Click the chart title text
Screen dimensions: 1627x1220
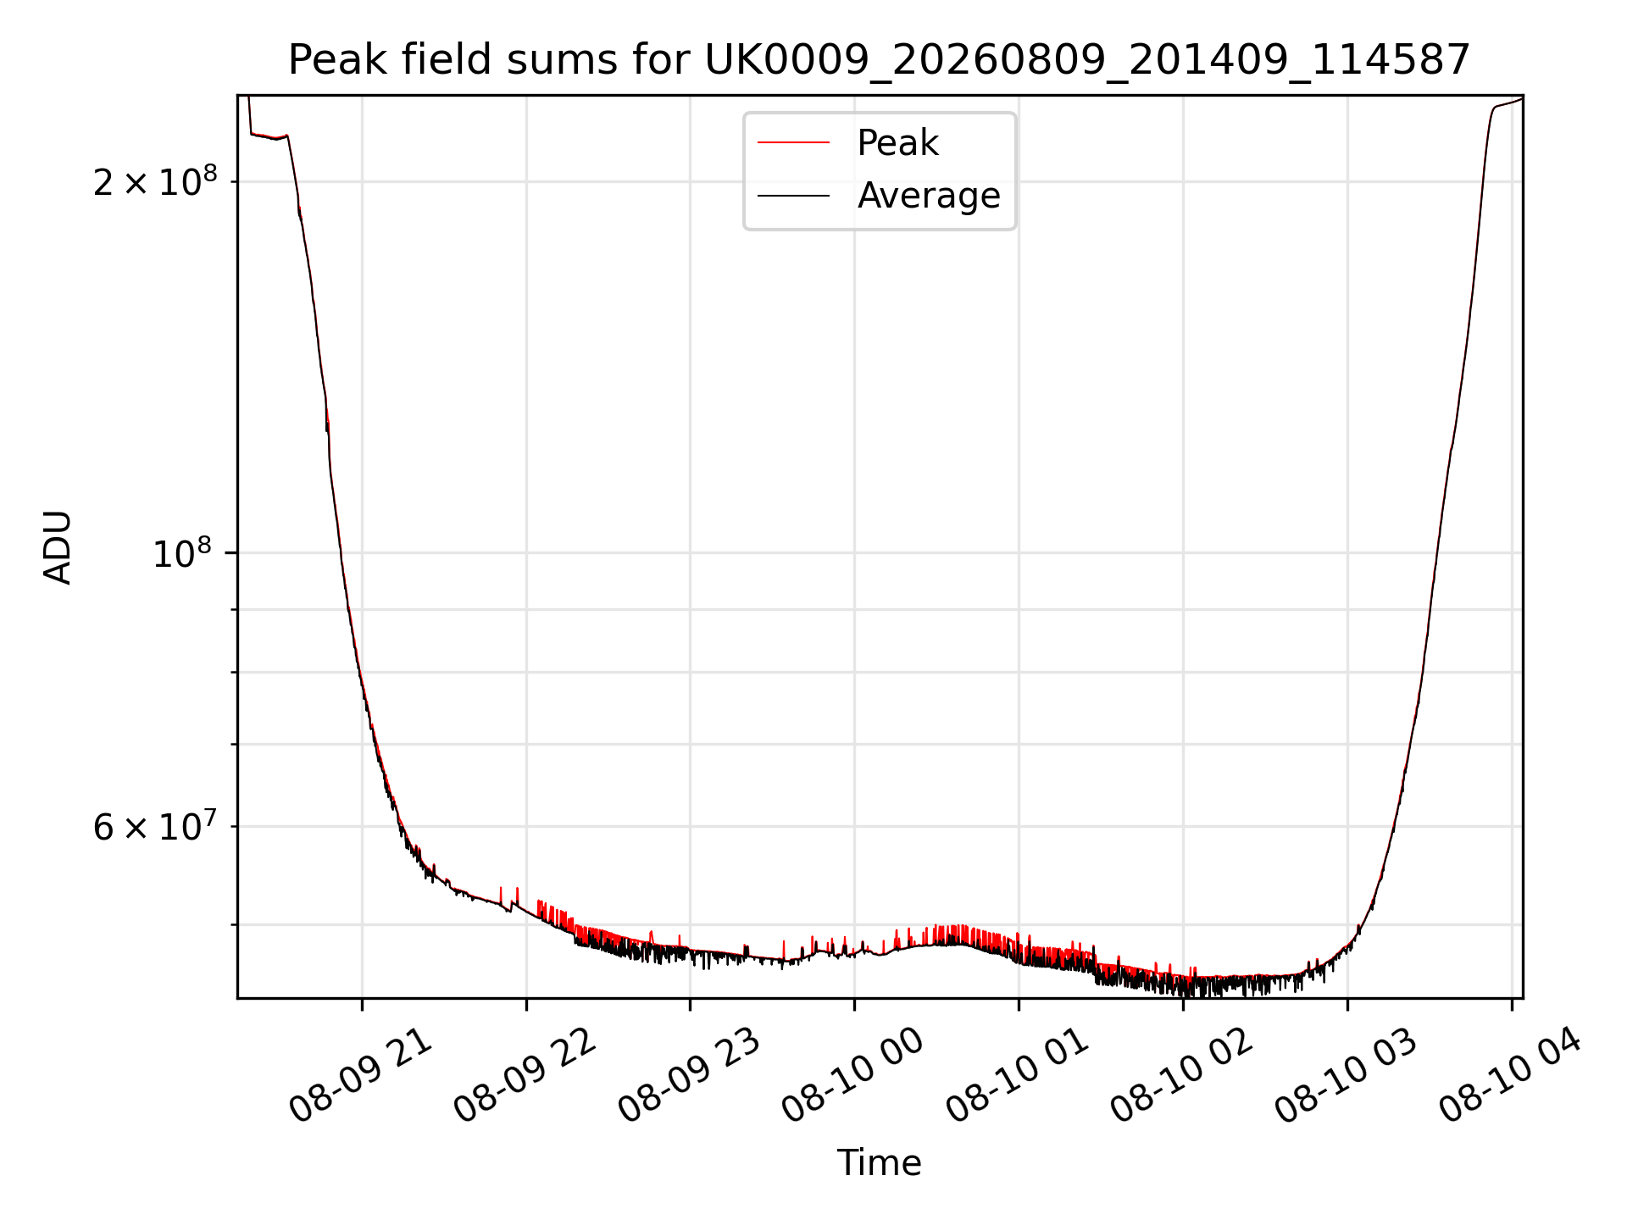pyautogui.click(x=879, y=60)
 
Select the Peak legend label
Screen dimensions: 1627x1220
pyautogui.click(x=897, y=142)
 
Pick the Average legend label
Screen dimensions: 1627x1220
pyautogui.click(x=929, y=196)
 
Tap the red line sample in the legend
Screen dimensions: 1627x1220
pyautogui.click(x=793, y=142)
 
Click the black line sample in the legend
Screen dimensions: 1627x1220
pyautogui.click(x=793, y=196)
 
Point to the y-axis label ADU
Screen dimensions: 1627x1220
pyautogui.click(x=58, y=546)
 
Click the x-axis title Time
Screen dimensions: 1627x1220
pyautogui.click(x=879, y=1162)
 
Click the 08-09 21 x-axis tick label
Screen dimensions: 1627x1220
pyautogui.click(x=360, y=1075)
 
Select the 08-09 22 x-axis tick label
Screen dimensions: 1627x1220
pyautogui.click(x=525, y=1075)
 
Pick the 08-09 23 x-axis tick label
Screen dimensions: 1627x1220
pyautogui.click(x=689, y=1075)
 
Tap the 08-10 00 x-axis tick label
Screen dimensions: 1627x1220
pyautogui.click(x=853, y=1075)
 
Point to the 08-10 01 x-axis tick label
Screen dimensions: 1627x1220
pyautogui.click(x=1018, y=1075)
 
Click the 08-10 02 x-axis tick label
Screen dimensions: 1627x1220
pyautogui.click(x=1182, y=1075)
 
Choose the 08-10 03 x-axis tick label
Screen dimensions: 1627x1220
pyautogui.click(x=1347, y=1075)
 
